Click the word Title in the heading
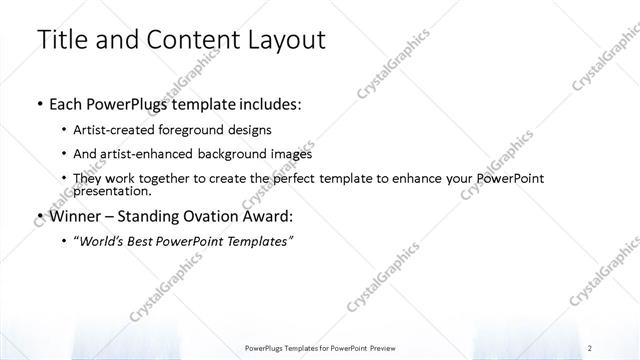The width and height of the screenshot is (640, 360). point(61,41)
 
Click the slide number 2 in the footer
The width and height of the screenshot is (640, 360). point(593,347)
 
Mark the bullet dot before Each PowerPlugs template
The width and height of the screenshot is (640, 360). point(38,104)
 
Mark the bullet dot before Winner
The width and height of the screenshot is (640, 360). point(38,216)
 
